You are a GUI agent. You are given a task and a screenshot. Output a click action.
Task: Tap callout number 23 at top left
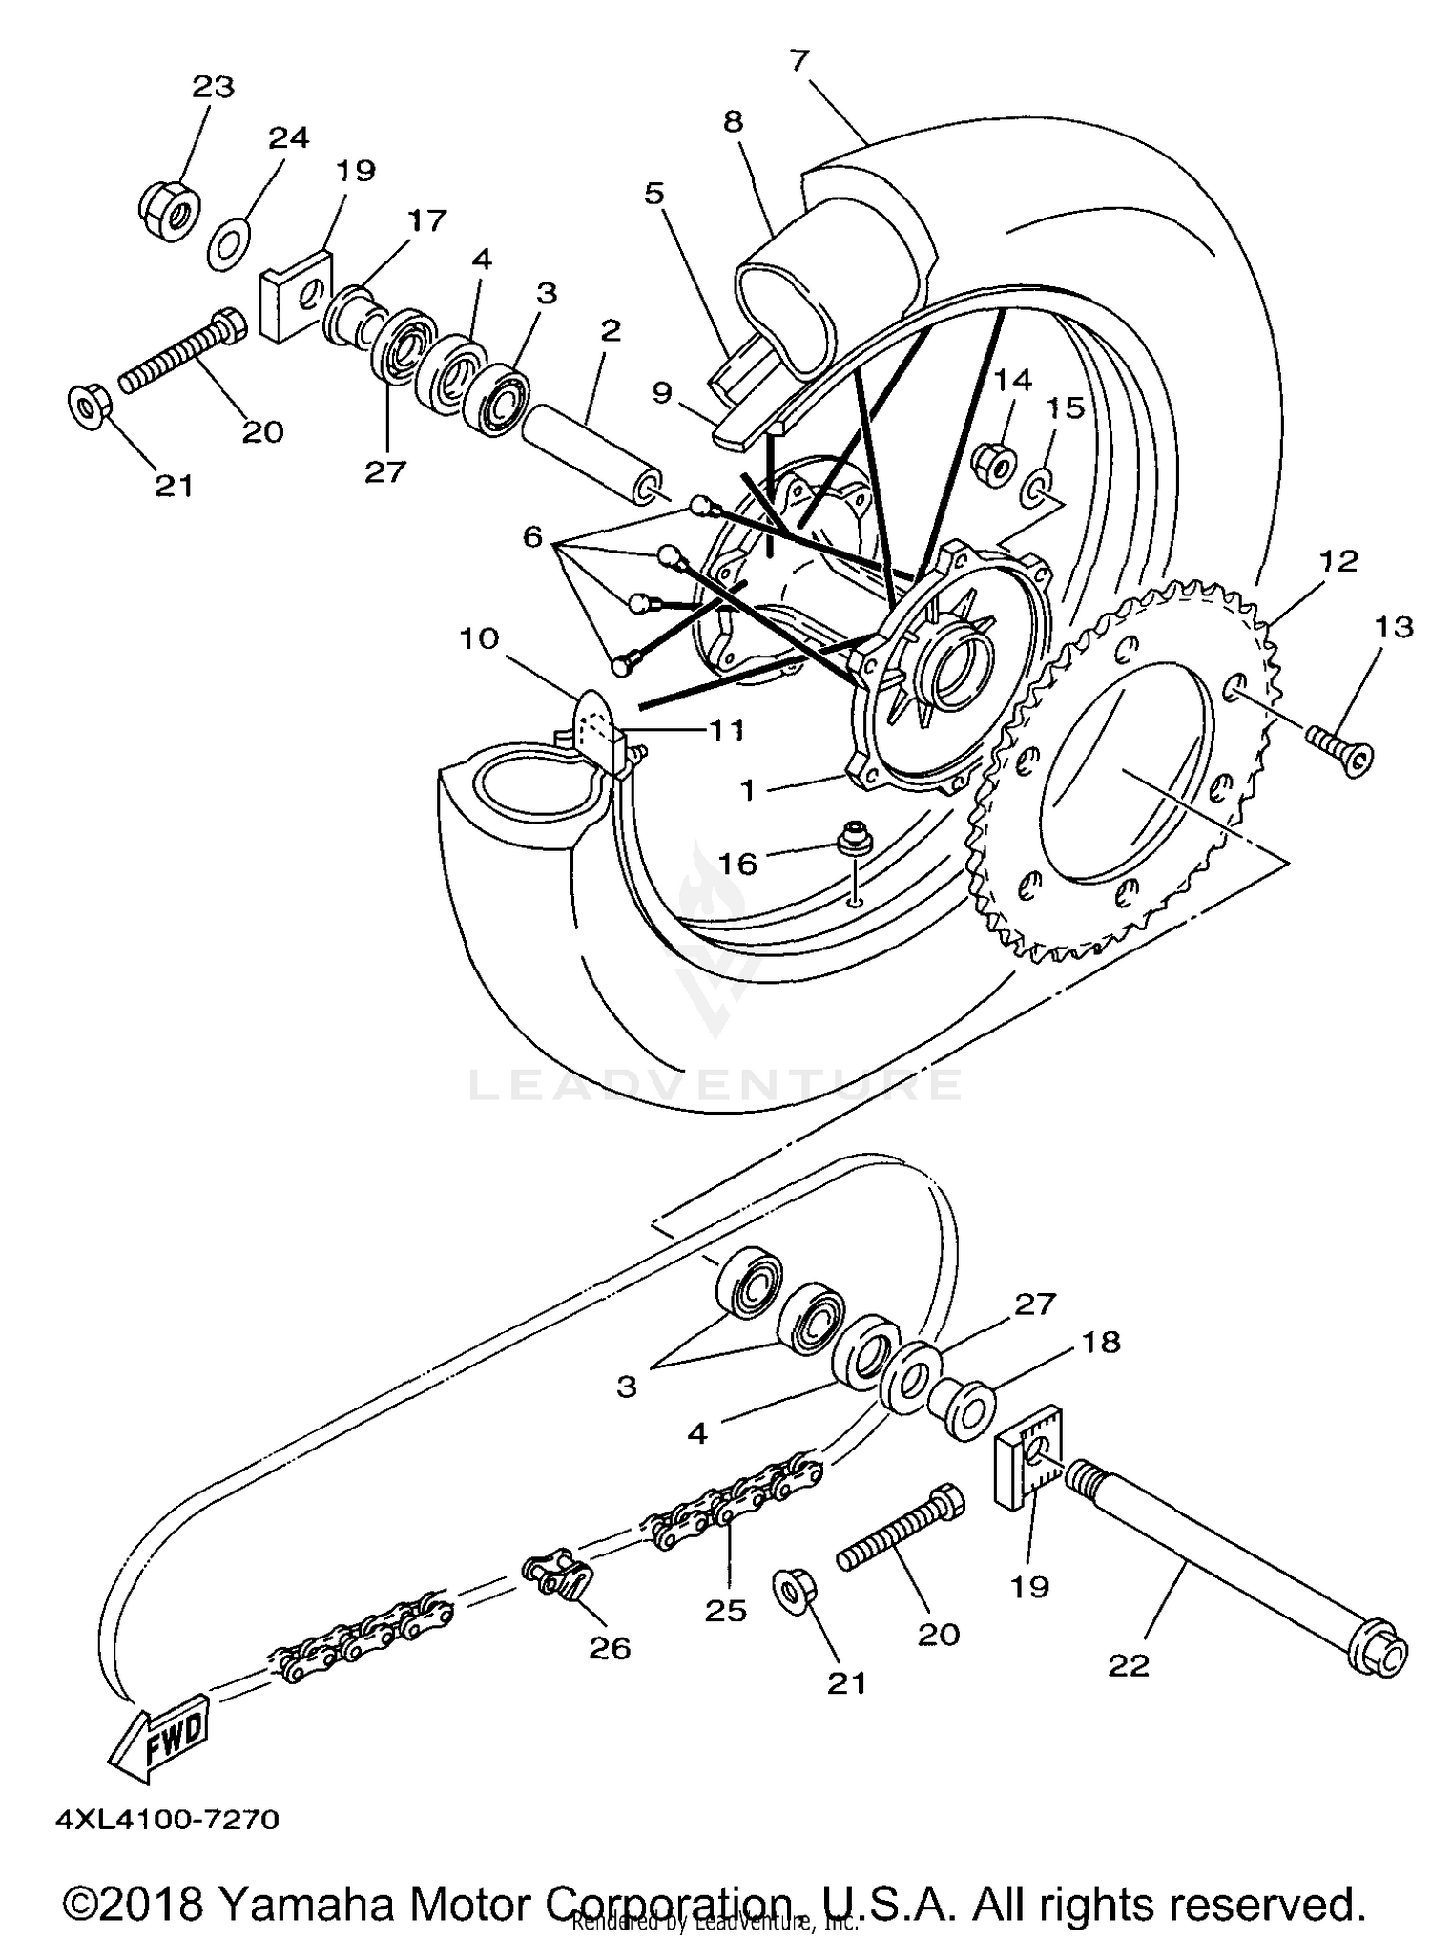click(x=213, y=87)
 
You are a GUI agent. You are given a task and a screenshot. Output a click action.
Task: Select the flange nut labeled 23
click(x=169, y=209)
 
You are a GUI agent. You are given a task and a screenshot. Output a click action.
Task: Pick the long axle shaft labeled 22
click(x=1240, y=1565)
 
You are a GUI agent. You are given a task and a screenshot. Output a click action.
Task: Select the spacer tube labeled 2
click(x=591, y=453)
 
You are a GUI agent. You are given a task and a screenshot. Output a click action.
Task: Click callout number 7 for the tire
click(x=799, y=60)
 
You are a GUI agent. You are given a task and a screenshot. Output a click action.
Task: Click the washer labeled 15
click(x=1038, y=489)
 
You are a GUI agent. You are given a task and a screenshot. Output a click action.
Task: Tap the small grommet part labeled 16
click(x=852, y=840)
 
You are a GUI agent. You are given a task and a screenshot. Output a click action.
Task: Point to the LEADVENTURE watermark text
click(x=715, y=1085)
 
